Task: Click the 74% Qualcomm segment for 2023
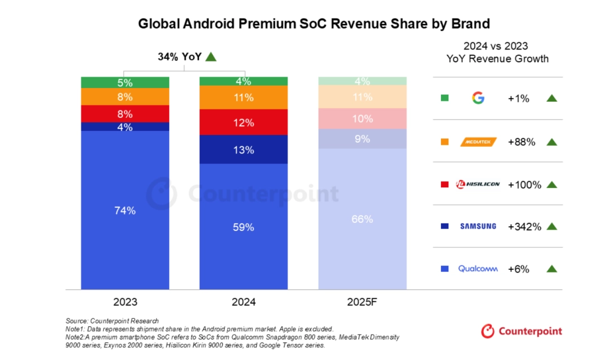pyautogui.click(x=125, y=210)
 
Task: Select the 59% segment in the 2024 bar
pyautogui.click(x=244, y=227)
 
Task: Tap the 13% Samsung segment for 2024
pyautogui.click(x=244, y=150)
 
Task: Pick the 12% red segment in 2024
pyautogui.click(x=244, y=122)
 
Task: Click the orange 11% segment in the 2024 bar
pyautogui.click(x=244, y=97)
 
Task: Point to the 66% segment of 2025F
pyautogui.click(x=362, y=219)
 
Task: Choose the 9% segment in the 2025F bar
pyautogui.click(x=362, y=139)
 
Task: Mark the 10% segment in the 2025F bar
pyautogui.click(x=362, y=118)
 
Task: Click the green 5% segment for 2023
pyautogui.click(x=125, y=82)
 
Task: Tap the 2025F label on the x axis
pyautogui.click(x=362, y=302)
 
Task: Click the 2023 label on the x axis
pyautogui.click(x=125, y=302)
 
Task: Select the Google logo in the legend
pyautogui.click(x=478, y=98)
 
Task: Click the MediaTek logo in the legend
pyautogui.click(x=478, y=142)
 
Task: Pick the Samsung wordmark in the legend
pyautogui.click(x=478, y=226)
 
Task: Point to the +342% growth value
pyautogui.click(x=524, y=227)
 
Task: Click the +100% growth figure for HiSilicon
pyautogui.click(x=524, y=185)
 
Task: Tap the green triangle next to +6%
pyautogui.click(x=551, y=269)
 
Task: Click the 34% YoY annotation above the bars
pyautogui.click(x=186, y=56)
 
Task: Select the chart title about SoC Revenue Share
pyautogui.click(x=314, y=24)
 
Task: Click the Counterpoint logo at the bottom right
pyautogui.click(x=522, y=331)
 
